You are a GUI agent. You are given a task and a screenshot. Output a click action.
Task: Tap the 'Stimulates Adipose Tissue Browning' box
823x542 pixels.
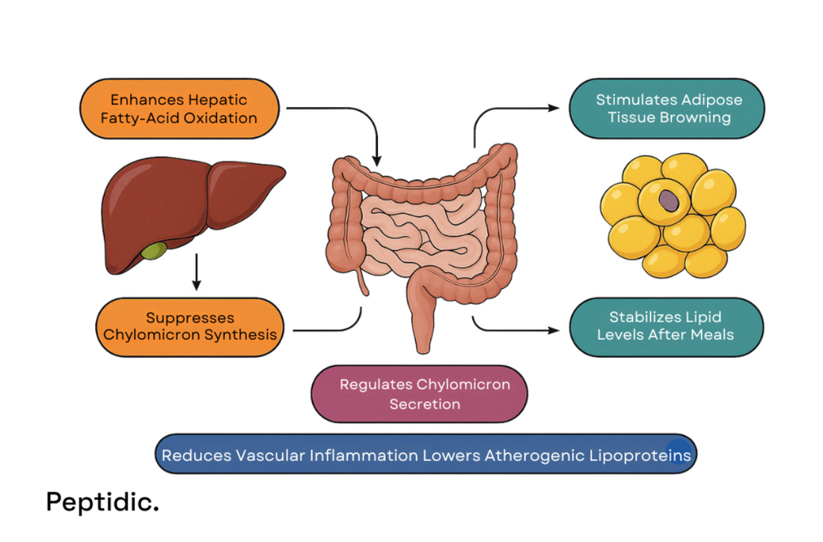point(667,109)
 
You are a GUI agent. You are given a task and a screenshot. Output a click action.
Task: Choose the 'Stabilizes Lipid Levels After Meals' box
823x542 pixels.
point(666,326)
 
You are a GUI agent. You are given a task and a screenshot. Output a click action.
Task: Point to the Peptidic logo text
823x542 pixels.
point(103,502)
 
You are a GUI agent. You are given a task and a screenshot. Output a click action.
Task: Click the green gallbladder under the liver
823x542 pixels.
point(155,250)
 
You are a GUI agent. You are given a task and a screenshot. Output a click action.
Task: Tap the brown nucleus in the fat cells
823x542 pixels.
point(667,201)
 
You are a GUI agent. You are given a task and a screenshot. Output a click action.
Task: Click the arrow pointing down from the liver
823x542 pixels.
point(197,274)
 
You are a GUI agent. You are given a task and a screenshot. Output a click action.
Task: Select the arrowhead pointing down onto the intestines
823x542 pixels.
point(376,160)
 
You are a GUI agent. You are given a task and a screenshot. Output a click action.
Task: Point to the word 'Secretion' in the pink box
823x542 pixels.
point(424,404)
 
